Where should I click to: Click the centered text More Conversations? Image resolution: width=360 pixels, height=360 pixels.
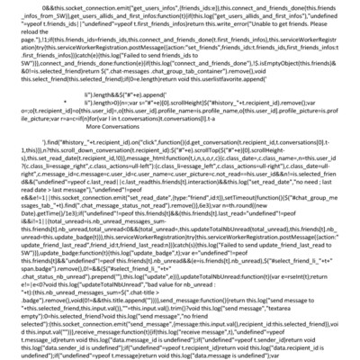179,128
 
